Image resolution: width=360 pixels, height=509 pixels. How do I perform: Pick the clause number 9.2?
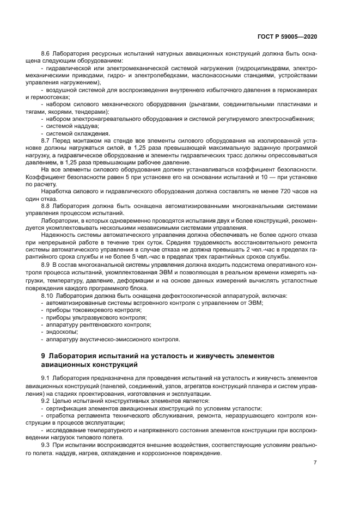click(46, 401)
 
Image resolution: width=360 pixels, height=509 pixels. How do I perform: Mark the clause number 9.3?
click(46, 444)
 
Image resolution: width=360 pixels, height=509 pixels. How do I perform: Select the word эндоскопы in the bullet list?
click(63, 330)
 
